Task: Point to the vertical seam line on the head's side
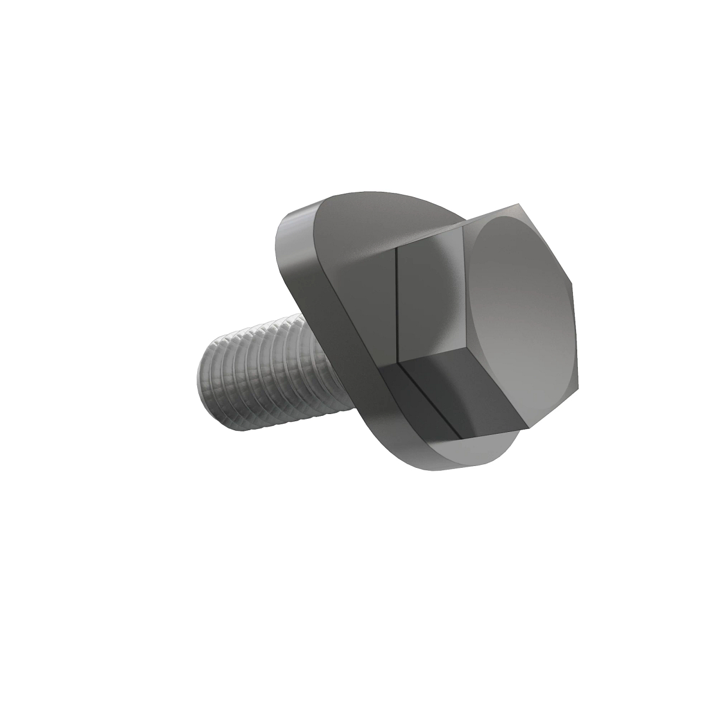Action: click(x=397, y=305)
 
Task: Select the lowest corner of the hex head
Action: click(x=529, y=429)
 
